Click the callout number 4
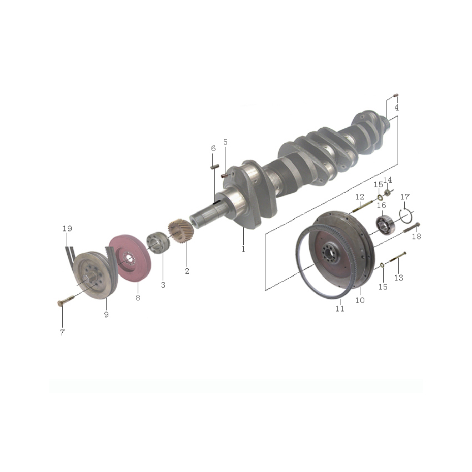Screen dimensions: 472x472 [396, 108]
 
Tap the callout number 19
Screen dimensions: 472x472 [67, 228]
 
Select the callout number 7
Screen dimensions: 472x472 [62, 332]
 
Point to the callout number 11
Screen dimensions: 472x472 [339, 309]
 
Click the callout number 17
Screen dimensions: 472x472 [405, 197]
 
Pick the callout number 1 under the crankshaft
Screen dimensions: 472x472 [243, 249]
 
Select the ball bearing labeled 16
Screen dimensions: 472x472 [385, 225]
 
